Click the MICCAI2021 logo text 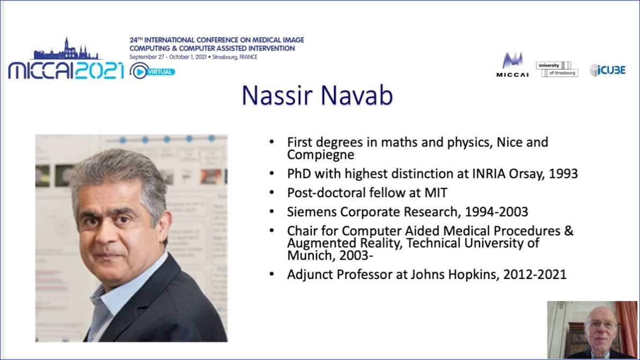tap(65, 71)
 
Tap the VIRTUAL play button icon tap(139, 71)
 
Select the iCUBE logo tap(607, 70)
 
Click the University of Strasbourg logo tap(557, 69)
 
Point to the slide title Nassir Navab tap(317, 95)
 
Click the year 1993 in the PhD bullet tap(563, 173)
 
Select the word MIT tap(436, 193)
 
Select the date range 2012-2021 tap(535, 274)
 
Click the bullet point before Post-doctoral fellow tap(272, 193)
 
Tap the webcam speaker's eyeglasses tap(601, 325)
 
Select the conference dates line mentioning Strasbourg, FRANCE tap(194, 57)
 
